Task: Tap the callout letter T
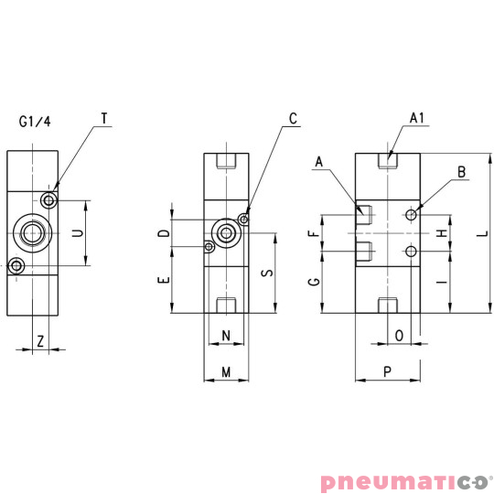[x=104, y=118]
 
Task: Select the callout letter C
[x=293, y=118]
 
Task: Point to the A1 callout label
[x=417, y=118]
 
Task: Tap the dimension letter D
[x=163, y=233]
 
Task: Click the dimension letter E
[x=163, y=282]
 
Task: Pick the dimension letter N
[x=225, y=336]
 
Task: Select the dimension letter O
[x=399, y=336]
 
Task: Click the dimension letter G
[x=315, y=283]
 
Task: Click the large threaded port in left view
[x=33, y=233]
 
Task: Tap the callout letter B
[x=462, y=171]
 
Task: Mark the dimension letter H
[x=443, y=233]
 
